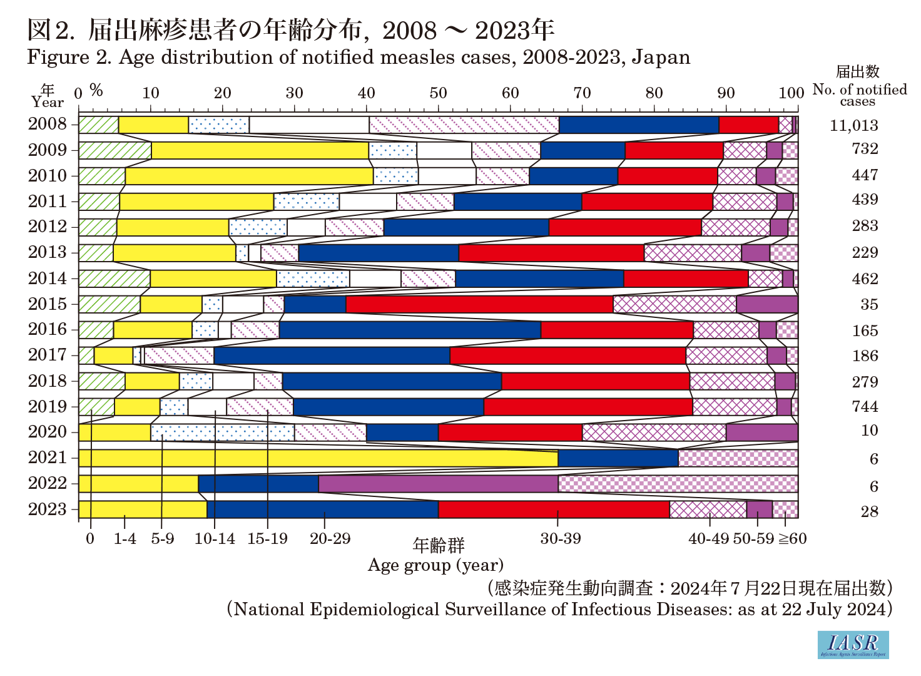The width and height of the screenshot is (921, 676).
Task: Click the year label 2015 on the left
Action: (x=47, y=304)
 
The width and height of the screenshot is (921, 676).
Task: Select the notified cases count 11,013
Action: (x=854, y=125)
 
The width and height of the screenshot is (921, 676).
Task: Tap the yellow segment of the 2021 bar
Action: (x=318, y=459)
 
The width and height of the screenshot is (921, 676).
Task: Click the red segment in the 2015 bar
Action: (x=479, y=304)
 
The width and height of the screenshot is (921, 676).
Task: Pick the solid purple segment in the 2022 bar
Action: (x=438, y=484)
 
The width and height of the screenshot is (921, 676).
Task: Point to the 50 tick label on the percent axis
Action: (x=438, y=93)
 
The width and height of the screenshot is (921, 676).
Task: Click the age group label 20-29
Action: (x=330, y=538)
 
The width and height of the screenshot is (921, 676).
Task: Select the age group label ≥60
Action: (x=792, y=538)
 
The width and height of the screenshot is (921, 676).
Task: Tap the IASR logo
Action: (x=853, y=644)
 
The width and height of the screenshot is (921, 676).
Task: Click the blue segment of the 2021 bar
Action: (x=618, y=459)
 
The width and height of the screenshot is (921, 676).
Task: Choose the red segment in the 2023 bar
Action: (x=554, y=510)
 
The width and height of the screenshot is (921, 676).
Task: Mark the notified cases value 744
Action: (x=865, y=407)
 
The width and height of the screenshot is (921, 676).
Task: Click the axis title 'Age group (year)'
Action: (x=435, y=565)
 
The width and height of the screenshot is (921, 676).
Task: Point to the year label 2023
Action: (x=47, y=510)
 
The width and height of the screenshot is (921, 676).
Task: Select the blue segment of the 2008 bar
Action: (x=639, y=125)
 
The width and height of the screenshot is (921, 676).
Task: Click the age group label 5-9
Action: (x=162, y=538)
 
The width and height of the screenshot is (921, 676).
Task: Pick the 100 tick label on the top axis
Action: (x=791, y=93)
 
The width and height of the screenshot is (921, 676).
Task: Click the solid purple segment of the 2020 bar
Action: (x=761, y=433)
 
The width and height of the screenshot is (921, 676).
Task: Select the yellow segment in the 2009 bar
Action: (x=260, y=151)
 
